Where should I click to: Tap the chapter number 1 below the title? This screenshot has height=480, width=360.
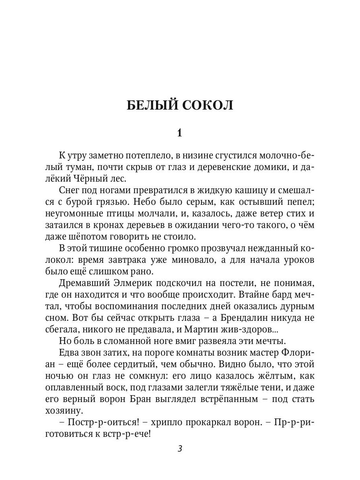[180, 133]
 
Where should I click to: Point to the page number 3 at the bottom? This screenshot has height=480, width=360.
[180, 448]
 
